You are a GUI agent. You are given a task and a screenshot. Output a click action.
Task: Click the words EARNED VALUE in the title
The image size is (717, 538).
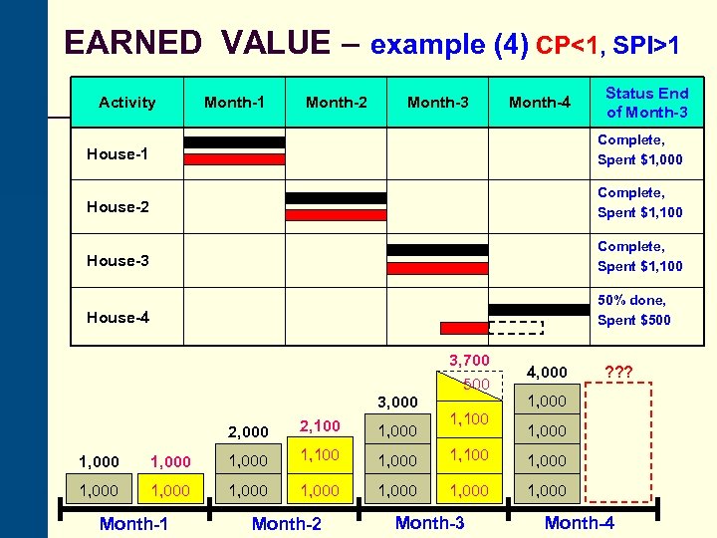click(x=196, y=43)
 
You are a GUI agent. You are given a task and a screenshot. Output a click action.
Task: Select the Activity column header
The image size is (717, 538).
click(x=127, y=102)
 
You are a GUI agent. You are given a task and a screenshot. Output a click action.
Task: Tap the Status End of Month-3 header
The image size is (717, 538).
click(x=646, y=102)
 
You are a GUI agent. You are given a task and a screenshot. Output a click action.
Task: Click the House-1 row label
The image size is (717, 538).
click(x=118, y=154)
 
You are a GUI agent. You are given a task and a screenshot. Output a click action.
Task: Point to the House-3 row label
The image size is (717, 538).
click(x=118, y=260)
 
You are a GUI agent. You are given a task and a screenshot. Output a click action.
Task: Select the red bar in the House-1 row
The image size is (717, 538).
click(x=234, y=159)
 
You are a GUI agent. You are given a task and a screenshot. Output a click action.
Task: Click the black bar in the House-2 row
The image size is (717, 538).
click(x=336, y=197)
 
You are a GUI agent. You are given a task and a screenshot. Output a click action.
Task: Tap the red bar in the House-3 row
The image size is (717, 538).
click(x=437, y=268)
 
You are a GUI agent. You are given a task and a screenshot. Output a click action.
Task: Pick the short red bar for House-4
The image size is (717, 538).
click(x=464, y=328)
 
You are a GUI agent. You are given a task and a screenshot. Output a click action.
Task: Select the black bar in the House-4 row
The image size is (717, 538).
click(x=539, y=310)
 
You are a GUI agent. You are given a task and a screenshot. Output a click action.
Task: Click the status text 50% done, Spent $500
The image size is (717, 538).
click(x=633, y=310)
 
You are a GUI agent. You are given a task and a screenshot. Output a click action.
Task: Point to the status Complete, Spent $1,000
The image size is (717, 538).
click(x=639, y=150)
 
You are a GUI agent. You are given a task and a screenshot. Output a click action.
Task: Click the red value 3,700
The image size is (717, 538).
click(x=469, y=360)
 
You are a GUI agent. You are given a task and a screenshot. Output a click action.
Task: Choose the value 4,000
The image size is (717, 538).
click(x=546, y=372)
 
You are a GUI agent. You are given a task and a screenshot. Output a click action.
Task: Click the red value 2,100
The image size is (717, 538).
click(x=320, y=425)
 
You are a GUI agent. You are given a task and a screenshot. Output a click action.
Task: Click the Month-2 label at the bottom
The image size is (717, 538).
click(x=286, y=523)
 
